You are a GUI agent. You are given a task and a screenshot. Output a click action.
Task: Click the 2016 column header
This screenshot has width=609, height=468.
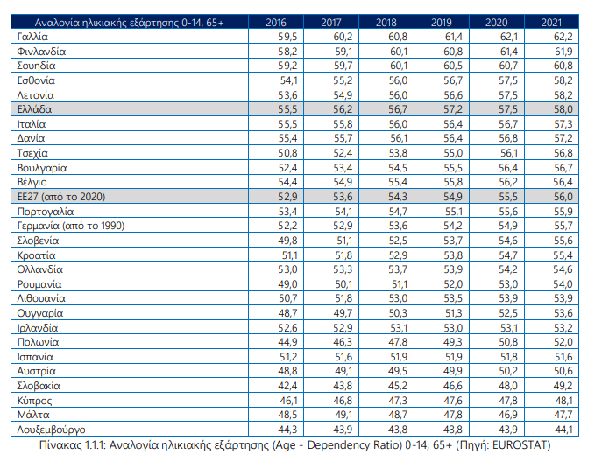click(276, 23)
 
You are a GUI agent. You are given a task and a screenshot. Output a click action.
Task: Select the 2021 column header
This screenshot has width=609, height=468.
click(551, 23)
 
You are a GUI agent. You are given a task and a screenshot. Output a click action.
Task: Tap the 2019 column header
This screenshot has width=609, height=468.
click(442, 23)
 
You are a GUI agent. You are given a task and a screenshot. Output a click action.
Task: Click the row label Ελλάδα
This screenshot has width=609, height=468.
click(34, 109)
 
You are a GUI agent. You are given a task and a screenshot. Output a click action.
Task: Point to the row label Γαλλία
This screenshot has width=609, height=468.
click(32, 37)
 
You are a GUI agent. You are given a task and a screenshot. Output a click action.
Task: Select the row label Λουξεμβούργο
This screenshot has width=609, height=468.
click(52, 430)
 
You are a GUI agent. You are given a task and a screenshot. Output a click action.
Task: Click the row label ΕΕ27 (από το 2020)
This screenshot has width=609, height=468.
click(61, 197)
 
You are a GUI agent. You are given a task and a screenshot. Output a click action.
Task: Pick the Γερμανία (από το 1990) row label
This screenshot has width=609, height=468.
click(71, 226)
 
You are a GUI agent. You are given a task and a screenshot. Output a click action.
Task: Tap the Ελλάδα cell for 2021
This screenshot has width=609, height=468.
click(563, 109)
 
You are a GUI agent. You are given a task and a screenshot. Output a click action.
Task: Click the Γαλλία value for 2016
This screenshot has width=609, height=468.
click(287, 37)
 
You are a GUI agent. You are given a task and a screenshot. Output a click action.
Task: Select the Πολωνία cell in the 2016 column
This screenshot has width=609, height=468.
click(287, 342)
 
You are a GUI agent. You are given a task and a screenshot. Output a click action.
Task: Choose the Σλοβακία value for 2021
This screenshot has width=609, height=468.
click(563, 386)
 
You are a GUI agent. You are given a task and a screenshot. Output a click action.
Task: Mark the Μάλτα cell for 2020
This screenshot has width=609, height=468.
click(508, 415)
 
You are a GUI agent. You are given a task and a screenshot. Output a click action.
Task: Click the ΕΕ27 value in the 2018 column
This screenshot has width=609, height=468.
click(398, 197)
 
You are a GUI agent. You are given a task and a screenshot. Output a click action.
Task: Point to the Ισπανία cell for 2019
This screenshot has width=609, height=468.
click(453, 357)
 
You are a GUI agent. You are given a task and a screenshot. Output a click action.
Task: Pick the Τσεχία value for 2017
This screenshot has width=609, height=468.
click(343, 153)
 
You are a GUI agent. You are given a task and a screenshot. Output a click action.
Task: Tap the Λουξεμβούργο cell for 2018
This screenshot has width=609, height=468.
click(398, 430)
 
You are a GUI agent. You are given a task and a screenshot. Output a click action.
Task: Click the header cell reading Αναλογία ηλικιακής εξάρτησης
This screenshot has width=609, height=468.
click(129, 23)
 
